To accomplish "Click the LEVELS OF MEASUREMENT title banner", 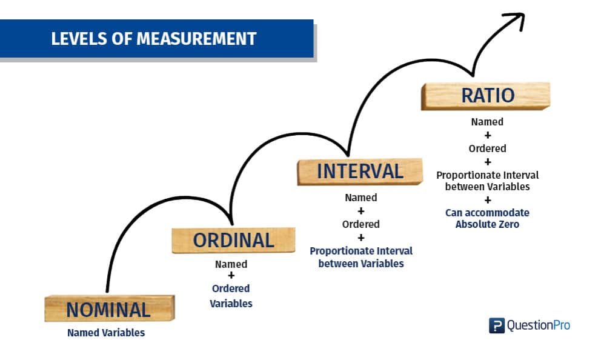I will pos(154,39).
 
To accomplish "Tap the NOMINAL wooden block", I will pos(109,309).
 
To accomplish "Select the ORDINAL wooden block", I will pos(233,240).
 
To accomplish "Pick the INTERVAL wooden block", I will pos(360,171).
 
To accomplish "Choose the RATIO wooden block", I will pos(486,96).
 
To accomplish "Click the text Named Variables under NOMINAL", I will pos(106,333).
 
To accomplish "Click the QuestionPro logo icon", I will pos(496,325).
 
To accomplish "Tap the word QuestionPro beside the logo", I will pos(538,325).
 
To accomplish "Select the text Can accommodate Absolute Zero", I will pos(487,218).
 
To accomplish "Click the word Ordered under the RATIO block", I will pos(487,148).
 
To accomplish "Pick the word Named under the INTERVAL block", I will pos(361,198).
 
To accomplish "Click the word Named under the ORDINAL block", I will pos(231,264).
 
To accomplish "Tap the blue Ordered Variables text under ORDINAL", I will pos(231,296).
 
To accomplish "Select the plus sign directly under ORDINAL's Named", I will pos(231,276).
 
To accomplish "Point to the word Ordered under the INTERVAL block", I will pos(361,224).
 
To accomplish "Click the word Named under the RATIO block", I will pos(487,122).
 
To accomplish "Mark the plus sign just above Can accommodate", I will pos(487,200).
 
